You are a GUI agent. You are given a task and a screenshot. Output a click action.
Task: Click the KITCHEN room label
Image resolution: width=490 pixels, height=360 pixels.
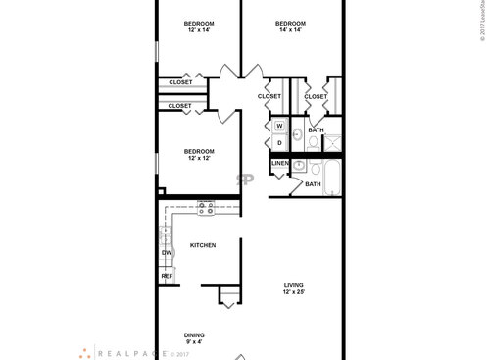[202, 245]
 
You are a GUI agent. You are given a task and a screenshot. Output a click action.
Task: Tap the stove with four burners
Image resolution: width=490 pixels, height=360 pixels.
[205, 208]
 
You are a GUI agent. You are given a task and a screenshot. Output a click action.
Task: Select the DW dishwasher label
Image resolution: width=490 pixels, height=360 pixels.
[166, 253]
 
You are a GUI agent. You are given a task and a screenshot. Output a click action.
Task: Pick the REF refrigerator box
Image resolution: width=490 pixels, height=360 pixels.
[167, 276]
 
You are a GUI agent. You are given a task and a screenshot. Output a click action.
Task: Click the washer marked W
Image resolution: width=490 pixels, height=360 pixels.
[278, 127]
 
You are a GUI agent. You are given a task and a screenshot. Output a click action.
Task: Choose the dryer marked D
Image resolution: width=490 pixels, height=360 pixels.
[278, 143]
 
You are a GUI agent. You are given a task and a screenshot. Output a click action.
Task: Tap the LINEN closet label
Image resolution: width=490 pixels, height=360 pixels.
[280, 163]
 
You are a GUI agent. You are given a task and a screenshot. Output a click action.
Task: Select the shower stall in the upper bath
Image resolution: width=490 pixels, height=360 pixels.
[332, 143]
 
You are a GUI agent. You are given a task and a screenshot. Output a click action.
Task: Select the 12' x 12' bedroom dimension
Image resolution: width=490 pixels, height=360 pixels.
[199, 158]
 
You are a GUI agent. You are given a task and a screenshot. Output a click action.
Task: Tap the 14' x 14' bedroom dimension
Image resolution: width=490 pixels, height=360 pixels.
[289, 31]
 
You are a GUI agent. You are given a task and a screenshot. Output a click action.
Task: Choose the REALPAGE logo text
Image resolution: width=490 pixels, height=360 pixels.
[128, 351]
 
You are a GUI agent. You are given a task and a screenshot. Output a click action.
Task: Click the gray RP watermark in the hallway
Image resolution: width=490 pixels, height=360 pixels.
[244, 180]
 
